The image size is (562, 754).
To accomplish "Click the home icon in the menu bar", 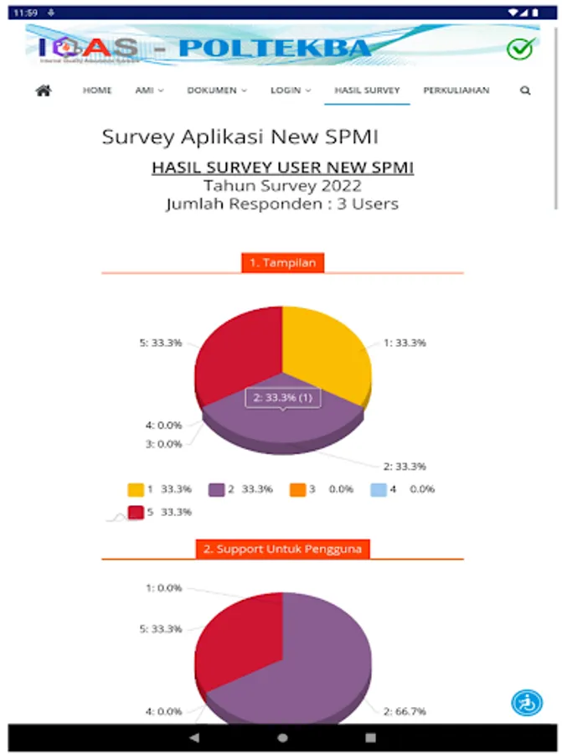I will click(44, 90).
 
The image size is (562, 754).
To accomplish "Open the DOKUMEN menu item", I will click(216, 90).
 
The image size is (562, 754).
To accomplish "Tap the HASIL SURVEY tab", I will click(367, 90).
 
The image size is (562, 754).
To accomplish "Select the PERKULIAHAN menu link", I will click(456, 90).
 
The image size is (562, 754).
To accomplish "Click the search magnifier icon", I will click(525, 90).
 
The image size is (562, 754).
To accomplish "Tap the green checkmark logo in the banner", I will click(520, 49).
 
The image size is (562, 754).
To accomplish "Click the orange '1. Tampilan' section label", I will click(283, 263).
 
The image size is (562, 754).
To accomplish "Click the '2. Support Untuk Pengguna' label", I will click(283, 550).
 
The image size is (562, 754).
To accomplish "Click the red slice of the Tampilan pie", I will click(239, 352).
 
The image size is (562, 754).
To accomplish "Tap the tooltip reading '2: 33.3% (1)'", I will click(283, 398).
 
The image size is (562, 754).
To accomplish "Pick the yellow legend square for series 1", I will click(136, 489).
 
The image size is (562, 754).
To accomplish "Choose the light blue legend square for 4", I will click(378, 489).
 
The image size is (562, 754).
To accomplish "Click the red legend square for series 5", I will click(136, 512).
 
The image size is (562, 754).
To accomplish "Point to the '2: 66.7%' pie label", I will click(405, 711).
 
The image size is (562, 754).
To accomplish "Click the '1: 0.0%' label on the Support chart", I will click(163, 588).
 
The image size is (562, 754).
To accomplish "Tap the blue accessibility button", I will click(527, 702).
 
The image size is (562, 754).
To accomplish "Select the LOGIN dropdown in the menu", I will click(290, 90).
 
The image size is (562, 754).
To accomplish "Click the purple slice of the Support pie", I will click(327, 662).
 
